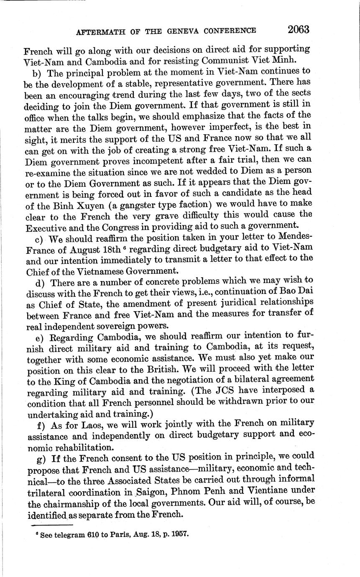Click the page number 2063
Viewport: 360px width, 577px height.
click(x=298, y=30)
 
